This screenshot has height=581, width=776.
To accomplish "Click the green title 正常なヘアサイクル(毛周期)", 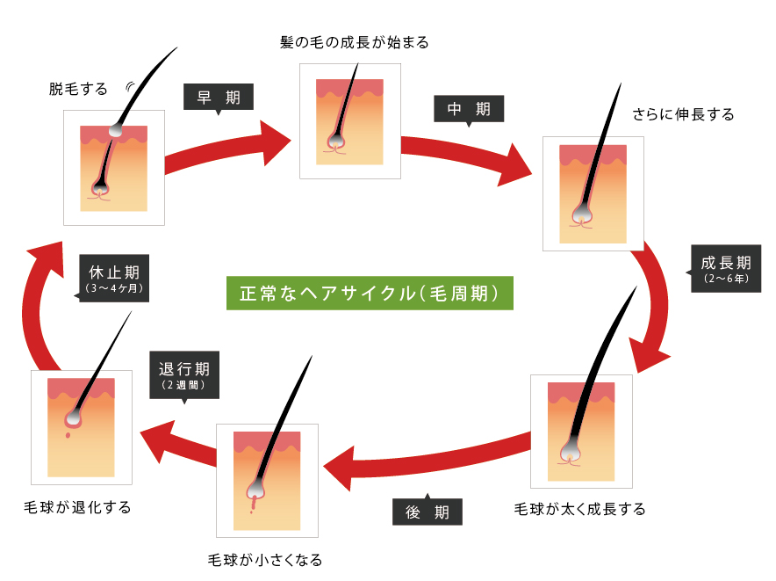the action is pyautogui.click(x=370, y=293).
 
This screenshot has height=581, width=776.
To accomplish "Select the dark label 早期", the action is pyautogui.click(x=219, y=98).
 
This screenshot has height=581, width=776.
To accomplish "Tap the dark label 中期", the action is pyautogui.click(x=469, y=109).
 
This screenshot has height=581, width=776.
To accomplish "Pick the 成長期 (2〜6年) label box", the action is pyautogui.click(x=725, y=268).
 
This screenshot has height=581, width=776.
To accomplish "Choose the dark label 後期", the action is pyautogui.click(x=428, y=511).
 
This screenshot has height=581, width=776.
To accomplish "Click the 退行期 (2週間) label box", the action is pyautogui.click(x=184, y=375).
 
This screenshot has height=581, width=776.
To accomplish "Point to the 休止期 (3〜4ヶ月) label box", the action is pyautogui.click(x=113, y=278).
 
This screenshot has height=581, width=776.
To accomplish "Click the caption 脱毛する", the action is pyautogui.click(x=78, y=90).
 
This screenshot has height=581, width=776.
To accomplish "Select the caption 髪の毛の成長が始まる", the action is pyautogui.click(x=355, y=42).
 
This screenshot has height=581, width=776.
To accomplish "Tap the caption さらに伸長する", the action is pyautogui.click(x=683, y=114).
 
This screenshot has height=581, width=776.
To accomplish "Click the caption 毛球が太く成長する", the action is pyautogui.click(x=579, y=509).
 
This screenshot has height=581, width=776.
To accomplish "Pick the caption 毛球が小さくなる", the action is pyautogui.click(x=265, y=560).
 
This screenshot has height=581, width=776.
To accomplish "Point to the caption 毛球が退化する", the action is pyautogui.click(x=77, y=507).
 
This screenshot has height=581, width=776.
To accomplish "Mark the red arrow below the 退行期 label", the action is pyautogui.click(x=179, y=444).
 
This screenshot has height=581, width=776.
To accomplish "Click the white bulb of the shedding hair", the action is pyautogui.click(x=115, y=130).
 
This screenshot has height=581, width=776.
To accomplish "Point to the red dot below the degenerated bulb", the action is pyautogui.click(x=68, y=435).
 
